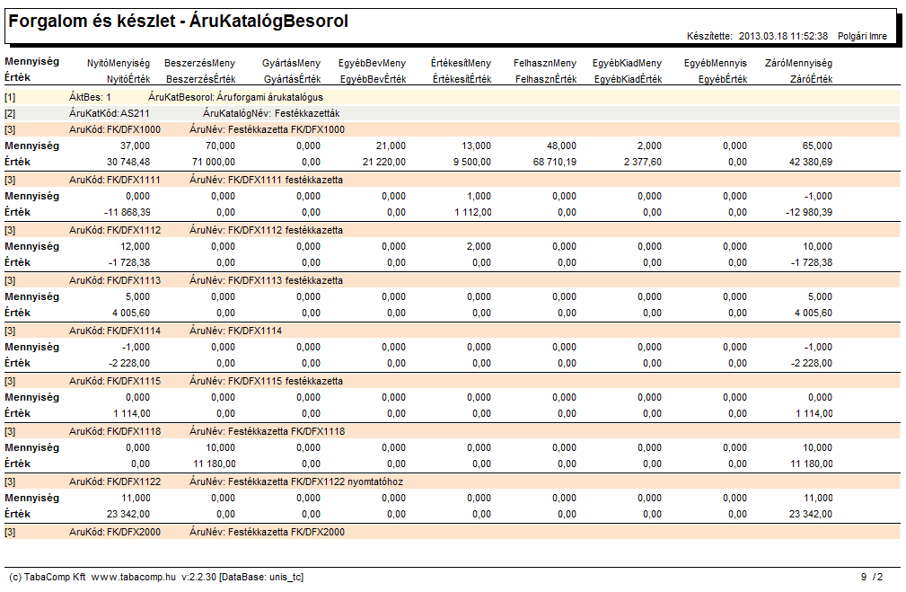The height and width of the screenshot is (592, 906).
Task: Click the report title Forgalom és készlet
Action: [x=92, y=22]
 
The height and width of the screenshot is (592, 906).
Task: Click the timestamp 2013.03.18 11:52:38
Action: [x=783, y=36]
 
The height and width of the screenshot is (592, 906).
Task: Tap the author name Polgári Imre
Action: [x=862, y=36]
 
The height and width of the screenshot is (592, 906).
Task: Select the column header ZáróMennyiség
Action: [x=798, y=63]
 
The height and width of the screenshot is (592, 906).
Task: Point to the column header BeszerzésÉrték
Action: [x=200, y=79]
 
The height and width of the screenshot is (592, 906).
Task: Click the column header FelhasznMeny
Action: [x=545, y=63]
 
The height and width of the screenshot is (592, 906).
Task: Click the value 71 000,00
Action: [x=213, y=162]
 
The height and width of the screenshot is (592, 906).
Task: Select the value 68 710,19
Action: [x=555, y=162]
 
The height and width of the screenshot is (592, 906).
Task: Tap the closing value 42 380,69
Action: [x=811, y=162]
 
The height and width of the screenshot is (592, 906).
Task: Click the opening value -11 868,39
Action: [x=128, y=212]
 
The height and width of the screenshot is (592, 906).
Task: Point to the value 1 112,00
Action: [x=472, y=212]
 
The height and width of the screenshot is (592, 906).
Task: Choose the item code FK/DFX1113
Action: [x=134, y=280]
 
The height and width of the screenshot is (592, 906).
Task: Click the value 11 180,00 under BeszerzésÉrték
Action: [x=215, y=464]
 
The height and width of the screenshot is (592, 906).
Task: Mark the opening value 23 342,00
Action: [x=128, y=514]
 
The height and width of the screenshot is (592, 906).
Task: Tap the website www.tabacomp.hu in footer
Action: [x=134, y=577]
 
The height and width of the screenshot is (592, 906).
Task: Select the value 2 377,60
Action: [x=643, y=162]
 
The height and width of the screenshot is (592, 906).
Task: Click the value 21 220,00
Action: [x=384, y=162]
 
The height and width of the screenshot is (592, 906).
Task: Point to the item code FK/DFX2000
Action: [x=134, y=532]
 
